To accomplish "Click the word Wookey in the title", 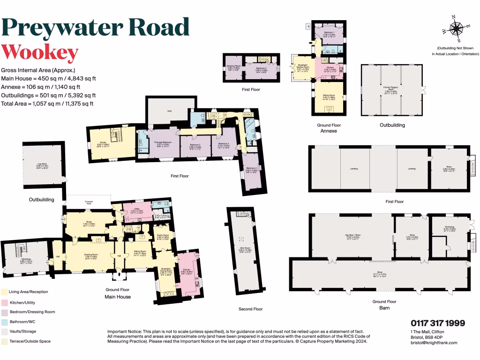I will [40, 52].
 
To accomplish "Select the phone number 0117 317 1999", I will [438, 323].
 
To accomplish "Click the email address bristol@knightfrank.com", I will [434, 343].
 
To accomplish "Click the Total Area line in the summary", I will [47, 104].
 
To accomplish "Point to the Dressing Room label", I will [233, 67].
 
